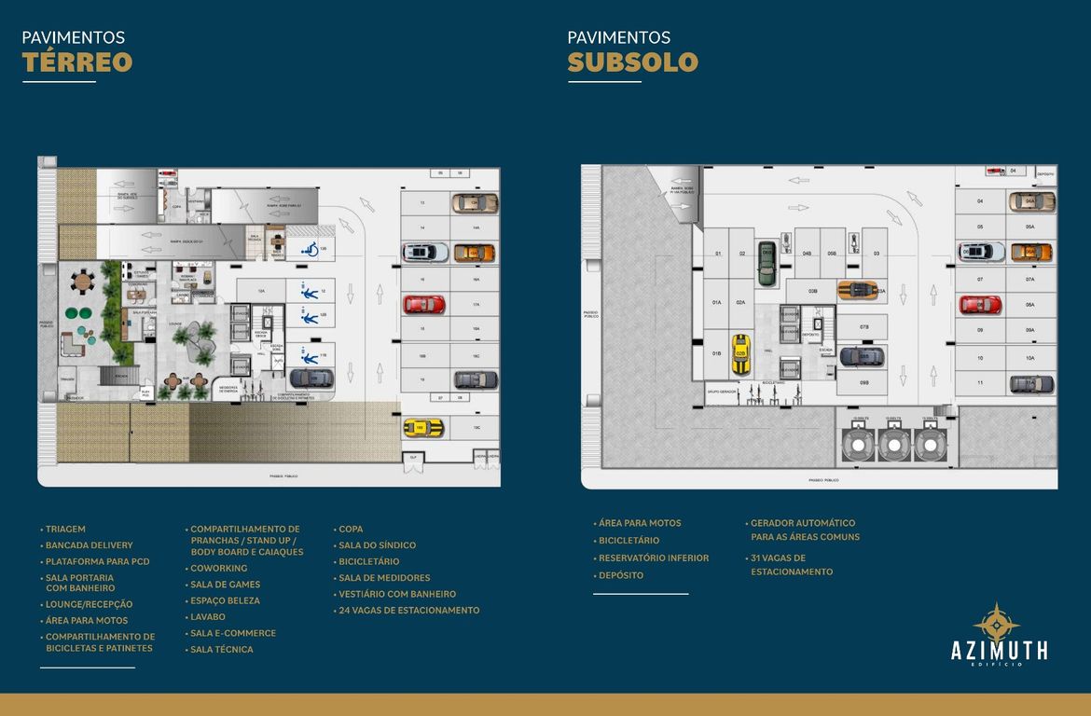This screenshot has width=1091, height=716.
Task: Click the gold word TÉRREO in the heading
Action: [77, 62]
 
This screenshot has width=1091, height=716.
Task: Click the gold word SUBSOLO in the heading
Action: [632, 62]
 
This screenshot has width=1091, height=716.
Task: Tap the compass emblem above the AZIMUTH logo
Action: [996, 621]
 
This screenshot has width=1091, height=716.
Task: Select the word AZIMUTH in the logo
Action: [999, 650]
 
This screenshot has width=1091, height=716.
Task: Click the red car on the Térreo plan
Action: [423, 304]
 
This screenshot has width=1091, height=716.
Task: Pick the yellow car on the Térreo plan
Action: [423, 427]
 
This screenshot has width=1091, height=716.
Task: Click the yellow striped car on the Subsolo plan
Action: [740, 353]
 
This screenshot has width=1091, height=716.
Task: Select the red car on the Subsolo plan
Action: [980, 304]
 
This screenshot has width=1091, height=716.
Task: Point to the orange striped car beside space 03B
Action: [856, 290]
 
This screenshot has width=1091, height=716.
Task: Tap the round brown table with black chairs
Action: [84, 280]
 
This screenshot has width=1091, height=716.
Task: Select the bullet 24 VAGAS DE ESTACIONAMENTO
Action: [409, 611]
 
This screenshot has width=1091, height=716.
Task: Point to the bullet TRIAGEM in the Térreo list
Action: [65, 529]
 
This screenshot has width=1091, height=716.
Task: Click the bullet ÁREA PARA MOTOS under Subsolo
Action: [640, 523]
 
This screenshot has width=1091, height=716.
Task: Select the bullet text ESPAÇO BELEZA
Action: [225, 600]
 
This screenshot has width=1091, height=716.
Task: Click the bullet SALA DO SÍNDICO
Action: [377, 545]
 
